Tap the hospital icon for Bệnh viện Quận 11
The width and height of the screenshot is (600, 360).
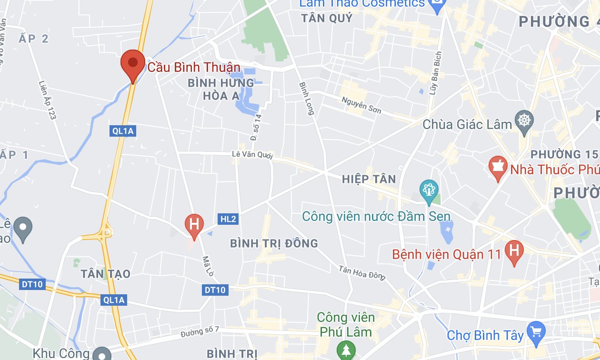pyautogui.click(x=514, y=250)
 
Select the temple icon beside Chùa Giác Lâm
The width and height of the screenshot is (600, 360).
pyautogui.click(x=524, y=120)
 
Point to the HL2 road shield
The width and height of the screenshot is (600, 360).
pyautogui.click(x=228, y=219)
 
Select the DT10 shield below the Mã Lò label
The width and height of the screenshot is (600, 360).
pyautogui.click(x=215, y=290)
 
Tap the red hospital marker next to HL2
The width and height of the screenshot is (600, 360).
pyautogui.click(x=194, y=224)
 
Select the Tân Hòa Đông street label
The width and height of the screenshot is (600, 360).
pyautogui.click(x=361, y=273)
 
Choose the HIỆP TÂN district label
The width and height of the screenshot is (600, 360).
pyautogui.click(x=369, y=179)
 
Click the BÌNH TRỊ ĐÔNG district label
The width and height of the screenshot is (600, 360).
pyautogui.click(x=274, y=244)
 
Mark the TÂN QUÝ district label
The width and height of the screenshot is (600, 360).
pyautogui.click(x=327, y=19)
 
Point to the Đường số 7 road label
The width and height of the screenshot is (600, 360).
pyautogui.click(x=200, y=332)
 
